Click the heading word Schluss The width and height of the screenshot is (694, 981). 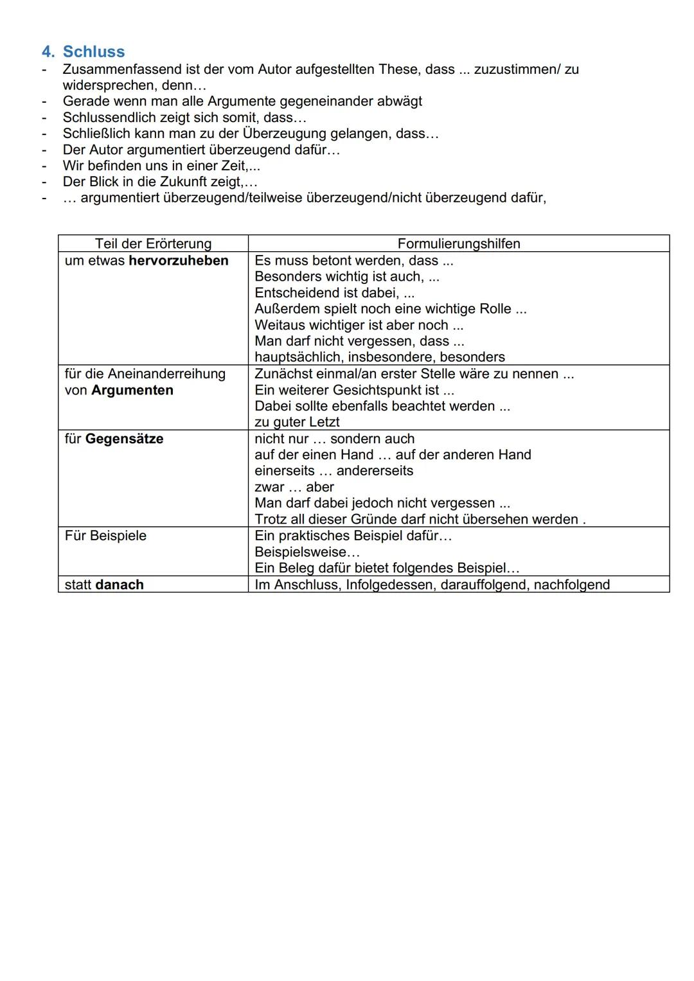[x=94, y=52]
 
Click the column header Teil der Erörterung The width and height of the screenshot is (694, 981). [x=153, y=243]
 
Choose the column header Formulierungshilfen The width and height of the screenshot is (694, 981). [x=458, y=243]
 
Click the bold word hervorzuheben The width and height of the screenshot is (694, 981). [x=179, y=261]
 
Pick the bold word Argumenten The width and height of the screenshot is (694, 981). [x=132, y=391]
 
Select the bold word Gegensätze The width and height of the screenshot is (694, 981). [x=124, y=439]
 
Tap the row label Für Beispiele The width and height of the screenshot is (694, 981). [x=105, y=536]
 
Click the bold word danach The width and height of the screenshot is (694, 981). [x=120, y=585]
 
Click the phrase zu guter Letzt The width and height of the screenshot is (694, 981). [x=297, y=422]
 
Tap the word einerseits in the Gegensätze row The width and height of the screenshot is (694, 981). [x=285, y=471]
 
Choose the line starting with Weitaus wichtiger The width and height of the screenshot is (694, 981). [x=359, y=325]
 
